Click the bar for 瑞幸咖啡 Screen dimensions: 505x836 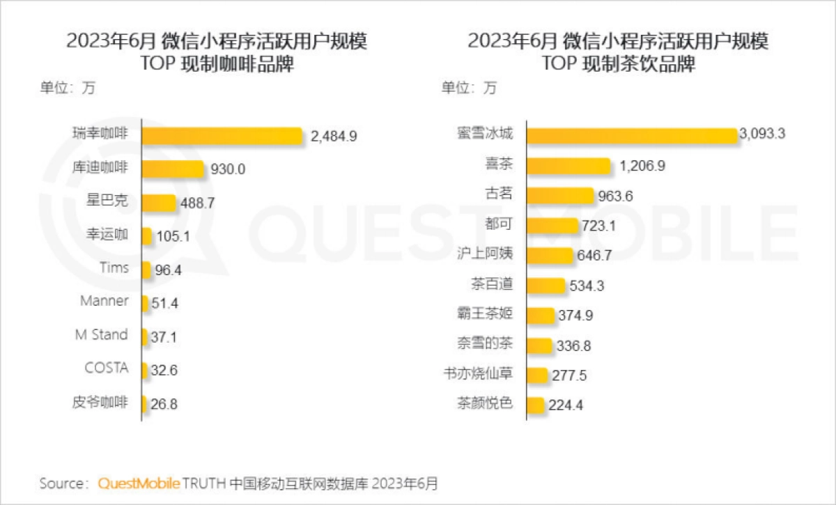(x=222, y=135)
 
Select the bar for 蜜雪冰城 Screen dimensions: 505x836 (x=631, y=135)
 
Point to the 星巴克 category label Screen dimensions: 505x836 (x=109, y=201)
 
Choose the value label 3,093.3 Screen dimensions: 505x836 (x=764, y=134)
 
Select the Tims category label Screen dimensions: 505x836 (x=114, y=267)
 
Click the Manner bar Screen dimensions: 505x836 (x=145, y=304)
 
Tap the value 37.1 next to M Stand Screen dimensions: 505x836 (x=164, y=337)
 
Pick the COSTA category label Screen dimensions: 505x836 (x=107, y=368)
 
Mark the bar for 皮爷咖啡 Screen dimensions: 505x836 (x=144, y=404)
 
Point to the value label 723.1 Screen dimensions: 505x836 (x=600, y=226)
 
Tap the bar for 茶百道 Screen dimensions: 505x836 (x=545, y=286)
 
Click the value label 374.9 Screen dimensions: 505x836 (x=575, y=316)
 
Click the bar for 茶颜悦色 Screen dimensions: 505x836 (x=535, y=405)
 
